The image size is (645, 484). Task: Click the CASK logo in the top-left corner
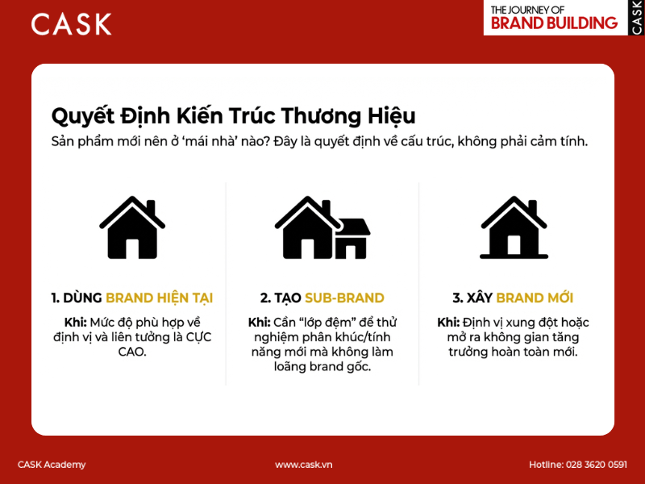[71, 23]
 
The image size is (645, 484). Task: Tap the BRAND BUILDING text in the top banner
[554, 23]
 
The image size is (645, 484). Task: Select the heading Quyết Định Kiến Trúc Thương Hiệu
[233, 115]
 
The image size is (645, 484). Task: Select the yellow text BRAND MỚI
[535, 298]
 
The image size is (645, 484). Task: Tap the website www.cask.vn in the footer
[304, 465]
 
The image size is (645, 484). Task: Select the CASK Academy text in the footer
[52, 465]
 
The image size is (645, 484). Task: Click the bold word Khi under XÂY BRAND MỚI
[448, 322]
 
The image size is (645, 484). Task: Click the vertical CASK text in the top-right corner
[636, 17]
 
